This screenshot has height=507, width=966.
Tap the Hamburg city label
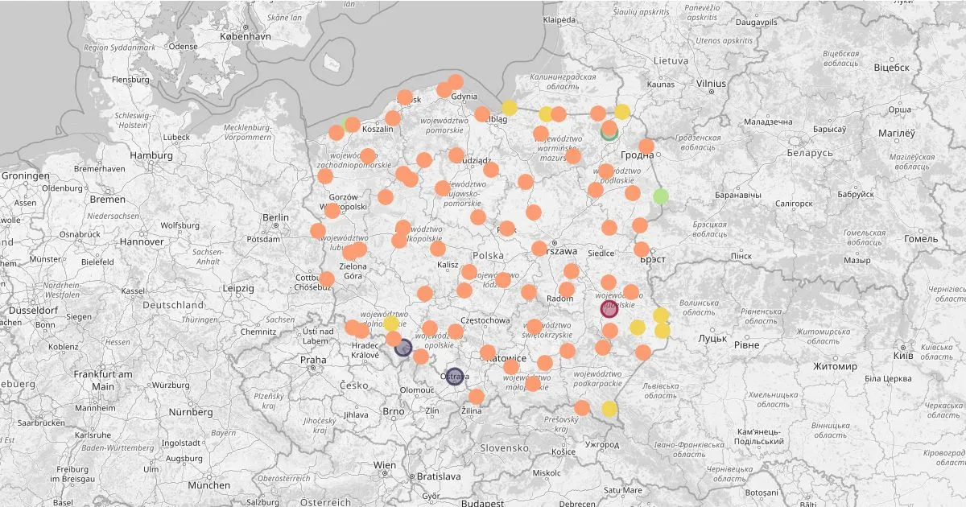[151, 155]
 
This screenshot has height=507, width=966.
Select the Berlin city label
[275, 217]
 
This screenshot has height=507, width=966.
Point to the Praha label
[313, 359]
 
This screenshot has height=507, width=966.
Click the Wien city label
[385, 465]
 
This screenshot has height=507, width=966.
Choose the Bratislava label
[439, 476]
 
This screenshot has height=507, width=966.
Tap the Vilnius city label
[711, 83]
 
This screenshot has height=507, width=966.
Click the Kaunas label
[660, 84]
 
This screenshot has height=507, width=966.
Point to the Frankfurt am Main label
[103, 380]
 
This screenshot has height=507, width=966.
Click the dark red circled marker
[609, 309]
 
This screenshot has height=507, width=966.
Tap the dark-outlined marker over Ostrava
[455, 376]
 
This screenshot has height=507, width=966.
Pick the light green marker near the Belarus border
[661, 196]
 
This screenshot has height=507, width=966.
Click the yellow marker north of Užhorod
[609, 409]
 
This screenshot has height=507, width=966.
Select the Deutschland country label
[173, 305]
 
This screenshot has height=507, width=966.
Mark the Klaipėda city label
[559, 19]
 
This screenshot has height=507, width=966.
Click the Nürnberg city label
[191, 412]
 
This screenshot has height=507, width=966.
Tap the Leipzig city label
[238, 287]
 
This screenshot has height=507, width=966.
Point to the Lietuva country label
[671, 60]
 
